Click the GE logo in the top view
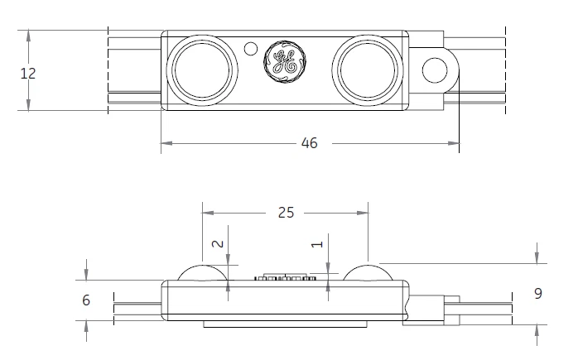tap(284, 60)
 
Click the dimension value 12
tap(28, 73)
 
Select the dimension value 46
tap(309, 144)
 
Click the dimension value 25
tap(286, 213)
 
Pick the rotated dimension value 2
tap(218, 244)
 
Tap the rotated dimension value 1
tap(315, 245)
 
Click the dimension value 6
tap(86, 300)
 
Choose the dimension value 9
tap(537, 294)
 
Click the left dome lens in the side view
tap(203, 272)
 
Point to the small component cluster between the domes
tap(286, 276)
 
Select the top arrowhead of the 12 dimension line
tap(28, 36)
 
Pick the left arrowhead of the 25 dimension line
tap(208, 213)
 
